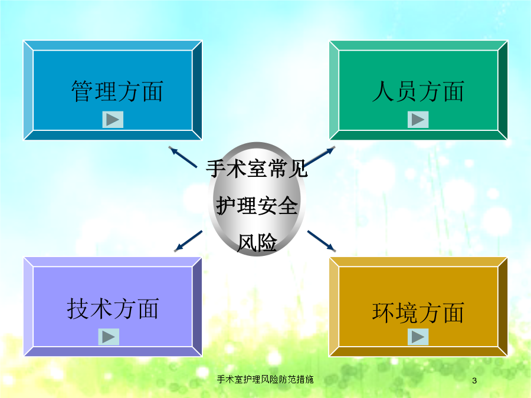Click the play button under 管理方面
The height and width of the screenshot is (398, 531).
(113, 120)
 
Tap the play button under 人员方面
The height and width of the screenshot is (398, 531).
(418, 120)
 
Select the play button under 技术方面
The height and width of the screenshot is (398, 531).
(109, 337)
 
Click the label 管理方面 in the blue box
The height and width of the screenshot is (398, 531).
(117, 91)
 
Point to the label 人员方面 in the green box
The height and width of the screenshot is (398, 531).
(418, 91)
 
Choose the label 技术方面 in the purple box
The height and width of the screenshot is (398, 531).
(113, 308)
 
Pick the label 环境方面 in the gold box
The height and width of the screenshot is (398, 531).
(418, 313)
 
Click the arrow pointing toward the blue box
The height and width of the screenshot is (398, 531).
(183, 157)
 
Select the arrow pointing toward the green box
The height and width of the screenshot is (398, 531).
(319, 156)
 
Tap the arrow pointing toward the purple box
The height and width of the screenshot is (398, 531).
(188, 241)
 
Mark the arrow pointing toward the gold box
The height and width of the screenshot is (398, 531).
(322, 241)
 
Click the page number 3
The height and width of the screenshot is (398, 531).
(474, 380)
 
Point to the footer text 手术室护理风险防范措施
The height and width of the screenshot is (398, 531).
(265, 379)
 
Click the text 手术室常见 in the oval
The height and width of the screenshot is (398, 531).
(257, 169)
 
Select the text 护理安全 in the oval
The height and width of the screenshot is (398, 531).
(257, 205)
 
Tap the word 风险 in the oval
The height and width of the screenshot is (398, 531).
(257, 243)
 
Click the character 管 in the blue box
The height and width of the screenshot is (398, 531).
(82, 91)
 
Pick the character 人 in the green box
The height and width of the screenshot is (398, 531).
(383, 91)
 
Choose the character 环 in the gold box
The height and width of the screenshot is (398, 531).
(383, 313)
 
